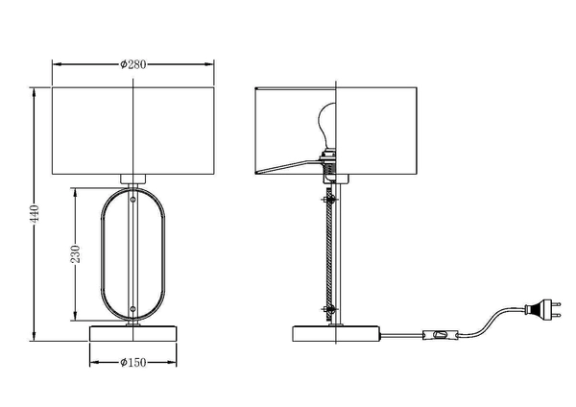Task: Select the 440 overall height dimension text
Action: (36, 213)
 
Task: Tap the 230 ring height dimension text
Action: (77, 254)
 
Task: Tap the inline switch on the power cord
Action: (441, 335)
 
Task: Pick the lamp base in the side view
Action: (336, 334)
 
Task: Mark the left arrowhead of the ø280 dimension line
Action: (55, 64)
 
